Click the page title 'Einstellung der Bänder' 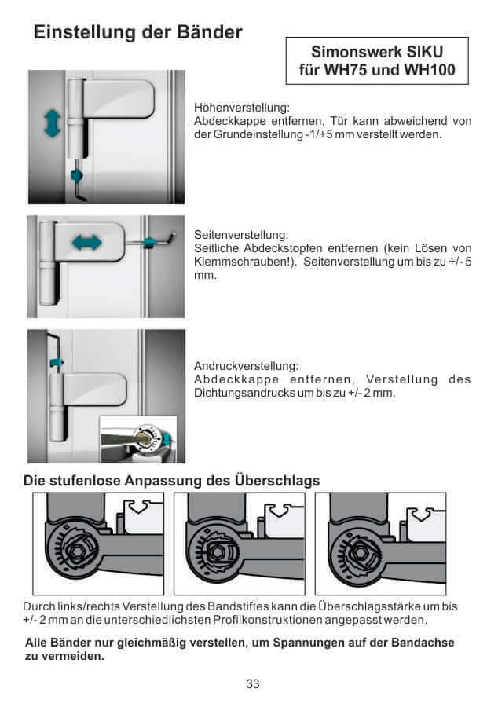(137, 33)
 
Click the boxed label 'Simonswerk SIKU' (377, 52)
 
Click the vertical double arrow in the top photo (52, 123)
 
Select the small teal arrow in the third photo (56, 362)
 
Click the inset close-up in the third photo (141, 438)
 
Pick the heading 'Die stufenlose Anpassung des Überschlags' (171, 480)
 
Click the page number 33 (252, 683)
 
